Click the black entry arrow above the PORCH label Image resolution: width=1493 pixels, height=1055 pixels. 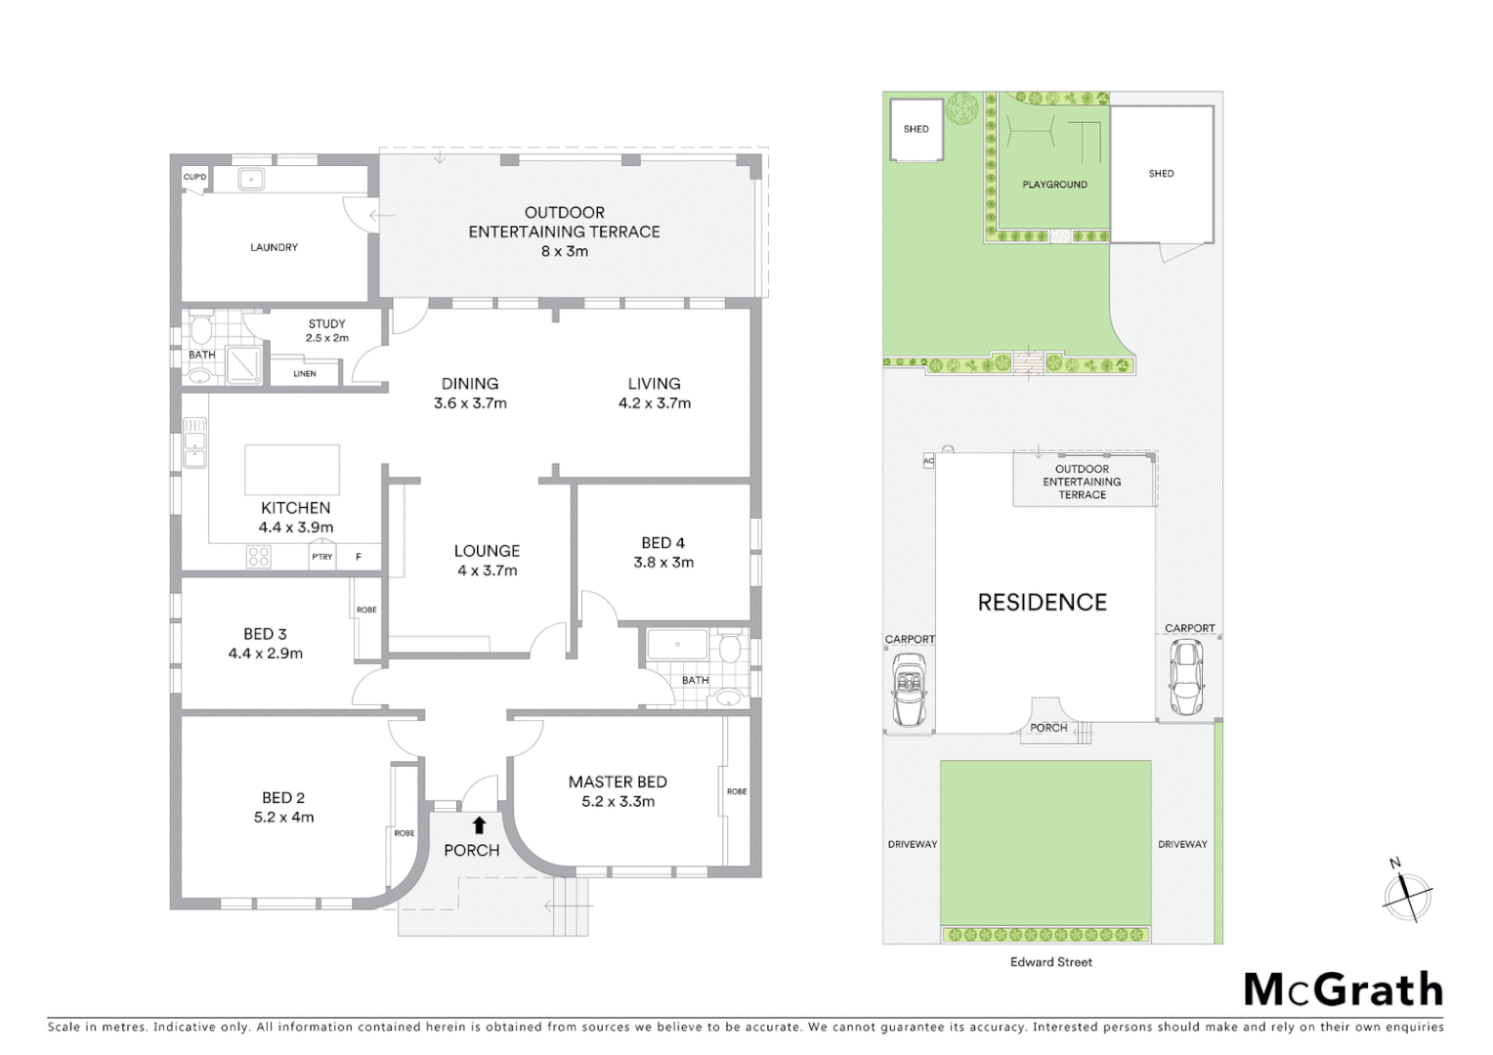479,824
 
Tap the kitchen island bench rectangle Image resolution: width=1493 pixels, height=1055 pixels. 292,469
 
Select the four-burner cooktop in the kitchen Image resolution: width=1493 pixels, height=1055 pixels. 259,557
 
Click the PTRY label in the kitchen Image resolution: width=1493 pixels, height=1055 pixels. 321,557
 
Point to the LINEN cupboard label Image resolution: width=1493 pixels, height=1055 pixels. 305,373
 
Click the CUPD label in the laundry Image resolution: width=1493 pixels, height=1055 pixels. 194,177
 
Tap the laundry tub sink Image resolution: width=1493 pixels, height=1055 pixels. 251,179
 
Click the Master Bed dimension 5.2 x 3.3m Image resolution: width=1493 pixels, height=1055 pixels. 618,802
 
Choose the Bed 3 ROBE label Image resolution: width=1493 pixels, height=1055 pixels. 366,610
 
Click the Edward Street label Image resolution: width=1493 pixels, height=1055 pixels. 1051,962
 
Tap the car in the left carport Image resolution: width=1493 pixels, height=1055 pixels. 910,690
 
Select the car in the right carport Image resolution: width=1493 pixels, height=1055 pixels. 1186,676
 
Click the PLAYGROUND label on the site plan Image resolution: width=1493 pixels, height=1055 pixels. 1054,185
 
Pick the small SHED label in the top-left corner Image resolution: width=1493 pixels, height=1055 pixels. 916,129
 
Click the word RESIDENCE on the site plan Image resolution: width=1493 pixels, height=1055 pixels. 1042,603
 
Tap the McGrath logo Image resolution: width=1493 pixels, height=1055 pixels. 1344,990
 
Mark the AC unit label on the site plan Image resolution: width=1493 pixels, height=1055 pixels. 928,460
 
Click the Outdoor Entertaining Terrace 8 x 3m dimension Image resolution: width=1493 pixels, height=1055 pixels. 564,251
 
